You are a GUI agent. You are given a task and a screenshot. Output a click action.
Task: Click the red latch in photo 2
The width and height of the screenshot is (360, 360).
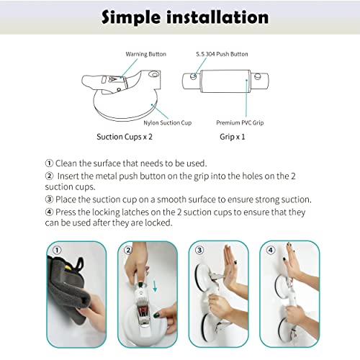[x=142, y=311]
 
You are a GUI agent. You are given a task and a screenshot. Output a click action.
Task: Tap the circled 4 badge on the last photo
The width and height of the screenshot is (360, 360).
[x=269, y=251]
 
